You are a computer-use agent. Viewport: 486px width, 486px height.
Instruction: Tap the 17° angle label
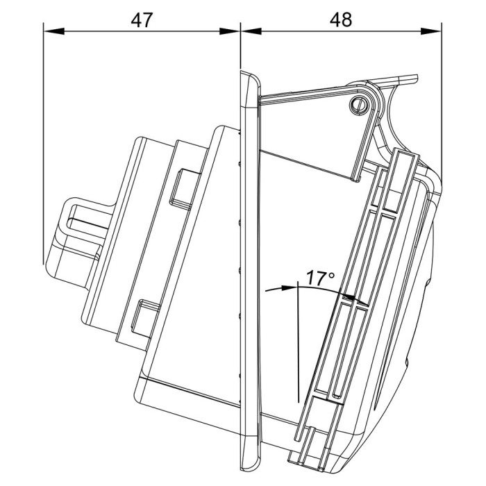(320, 279)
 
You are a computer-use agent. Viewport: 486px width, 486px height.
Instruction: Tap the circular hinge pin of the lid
(359, 104)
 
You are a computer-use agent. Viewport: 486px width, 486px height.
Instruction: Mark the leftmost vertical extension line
(43, 139)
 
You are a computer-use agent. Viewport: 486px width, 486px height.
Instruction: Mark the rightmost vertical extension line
(442, 104)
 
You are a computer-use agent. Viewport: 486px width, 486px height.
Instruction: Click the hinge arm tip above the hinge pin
(410, 80)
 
